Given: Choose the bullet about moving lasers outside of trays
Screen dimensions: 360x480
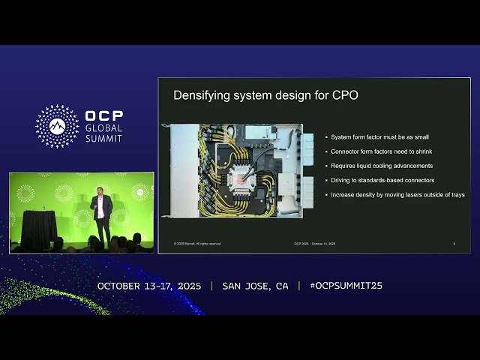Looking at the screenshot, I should [x=397, y=194].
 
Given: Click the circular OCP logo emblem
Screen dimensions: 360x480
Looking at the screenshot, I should [x=57, y=126].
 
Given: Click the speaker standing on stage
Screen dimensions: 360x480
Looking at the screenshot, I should [x=101, y=214].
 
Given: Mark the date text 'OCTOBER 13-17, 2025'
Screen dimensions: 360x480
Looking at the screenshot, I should [x=151, y=286].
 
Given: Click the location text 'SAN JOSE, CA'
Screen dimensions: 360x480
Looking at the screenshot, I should [x=255, y=286].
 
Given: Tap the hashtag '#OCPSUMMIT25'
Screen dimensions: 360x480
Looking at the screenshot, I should [x=346, y=286].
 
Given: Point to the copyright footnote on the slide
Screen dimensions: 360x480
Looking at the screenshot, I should [x=198, y=243].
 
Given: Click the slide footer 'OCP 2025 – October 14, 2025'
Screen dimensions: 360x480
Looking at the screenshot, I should [x=314, y=243].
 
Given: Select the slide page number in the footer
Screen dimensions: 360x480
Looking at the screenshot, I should [x=454, y=243].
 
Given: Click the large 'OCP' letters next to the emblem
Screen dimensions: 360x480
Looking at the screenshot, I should [x=104, y=116].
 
